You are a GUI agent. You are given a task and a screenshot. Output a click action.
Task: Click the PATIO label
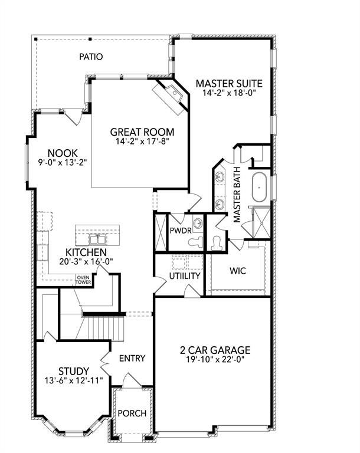pos(91,57)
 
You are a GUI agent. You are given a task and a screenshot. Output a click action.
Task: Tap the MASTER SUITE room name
pos(229,83)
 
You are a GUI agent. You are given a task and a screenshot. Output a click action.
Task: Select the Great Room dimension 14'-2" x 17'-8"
pos(142,141)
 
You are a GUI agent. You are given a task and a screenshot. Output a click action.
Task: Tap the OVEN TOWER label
pos(83,280)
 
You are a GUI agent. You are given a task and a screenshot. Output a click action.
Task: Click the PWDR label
pos(179,230)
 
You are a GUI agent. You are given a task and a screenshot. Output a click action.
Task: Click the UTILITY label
pos(185,275)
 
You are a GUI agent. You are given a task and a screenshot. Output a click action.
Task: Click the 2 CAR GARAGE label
pos(215,350)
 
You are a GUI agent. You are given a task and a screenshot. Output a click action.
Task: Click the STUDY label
pos(74,370)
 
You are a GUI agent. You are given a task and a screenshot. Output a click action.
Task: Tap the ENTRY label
pos(132,358)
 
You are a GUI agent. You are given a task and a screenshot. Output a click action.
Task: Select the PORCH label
pos(132,413)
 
